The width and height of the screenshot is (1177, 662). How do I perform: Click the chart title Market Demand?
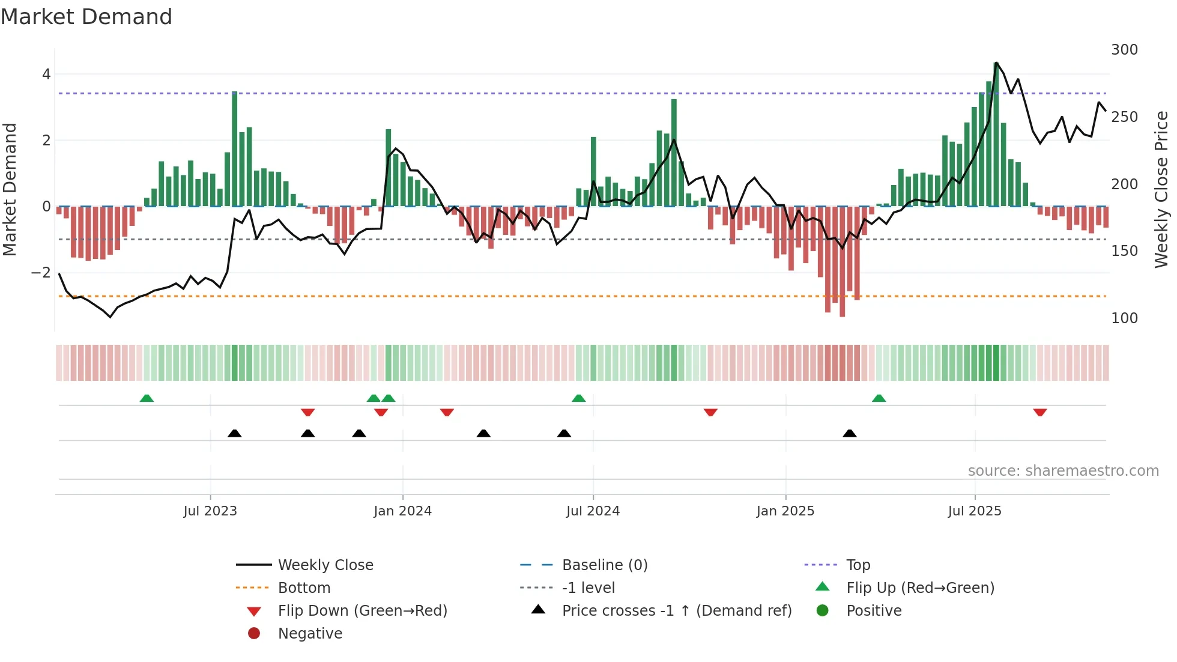click(86, 17)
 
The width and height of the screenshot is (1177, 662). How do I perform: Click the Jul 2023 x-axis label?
click(210, 511)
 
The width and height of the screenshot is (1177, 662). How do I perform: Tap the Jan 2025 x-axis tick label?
click(785, 511)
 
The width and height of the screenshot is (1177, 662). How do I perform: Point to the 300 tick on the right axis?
click(1124, 50)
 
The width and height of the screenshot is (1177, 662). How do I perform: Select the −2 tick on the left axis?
click(41, 273)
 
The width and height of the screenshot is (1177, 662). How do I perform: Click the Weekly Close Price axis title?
click(1162, 189)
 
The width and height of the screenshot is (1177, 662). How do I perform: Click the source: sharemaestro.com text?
click(1063, 471)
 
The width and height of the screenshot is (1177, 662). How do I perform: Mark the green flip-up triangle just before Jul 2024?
click(578, 398)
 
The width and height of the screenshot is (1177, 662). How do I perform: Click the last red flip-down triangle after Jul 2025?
click(1040, 412)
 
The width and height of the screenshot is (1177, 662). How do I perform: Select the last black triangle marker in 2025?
click(849, 433)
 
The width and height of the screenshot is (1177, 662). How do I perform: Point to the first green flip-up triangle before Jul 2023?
click(147, 398)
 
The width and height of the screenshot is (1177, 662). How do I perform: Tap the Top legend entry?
click(858, 565)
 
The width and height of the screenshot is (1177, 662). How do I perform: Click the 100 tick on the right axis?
click(1124, 318)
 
